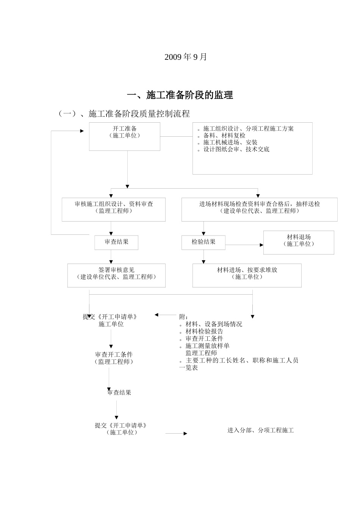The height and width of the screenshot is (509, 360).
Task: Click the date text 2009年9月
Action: [186, 57]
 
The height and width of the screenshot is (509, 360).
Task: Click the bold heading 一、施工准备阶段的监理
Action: [180, 95]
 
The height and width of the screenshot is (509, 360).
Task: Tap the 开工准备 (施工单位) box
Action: [124, 136]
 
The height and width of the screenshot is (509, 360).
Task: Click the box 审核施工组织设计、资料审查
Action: [114, 209]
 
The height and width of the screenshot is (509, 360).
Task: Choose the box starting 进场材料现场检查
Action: [259, 209]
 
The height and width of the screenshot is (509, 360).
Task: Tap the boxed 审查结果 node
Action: [116, 242]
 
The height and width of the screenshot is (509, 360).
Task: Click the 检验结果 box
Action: [203, 242]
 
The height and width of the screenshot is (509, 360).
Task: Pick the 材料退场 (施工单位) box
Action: [299, 242]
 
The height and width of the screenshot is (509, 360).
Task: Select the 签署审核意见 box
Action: [116, 275]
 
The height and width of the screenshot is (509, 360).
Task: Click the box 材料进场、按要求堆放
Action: [247, 275]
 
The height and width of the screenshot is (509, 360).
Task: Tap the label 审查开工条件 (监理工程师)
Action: [114, 358]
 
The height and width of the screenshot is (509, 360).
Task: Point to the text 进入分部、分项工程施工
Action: [260, 430]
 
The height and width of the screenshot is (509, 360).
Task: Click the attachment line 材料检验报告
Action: [204, 331]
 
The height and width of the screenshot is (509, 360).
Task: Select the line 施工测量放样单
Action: [207, 346]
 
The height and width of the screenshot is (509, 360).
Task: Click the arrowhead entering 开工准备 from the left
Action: [82, 131]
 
